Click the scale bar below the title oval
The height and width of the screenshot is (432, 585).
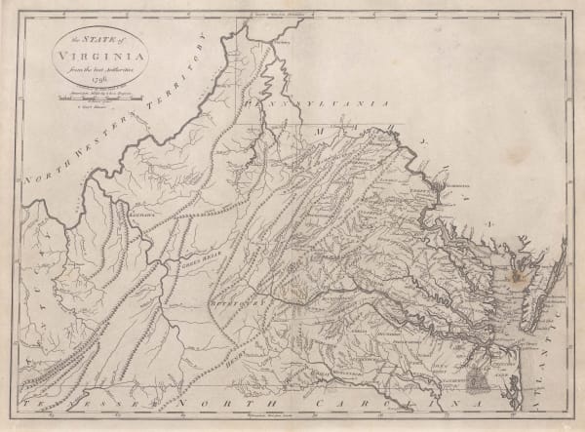89,94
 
